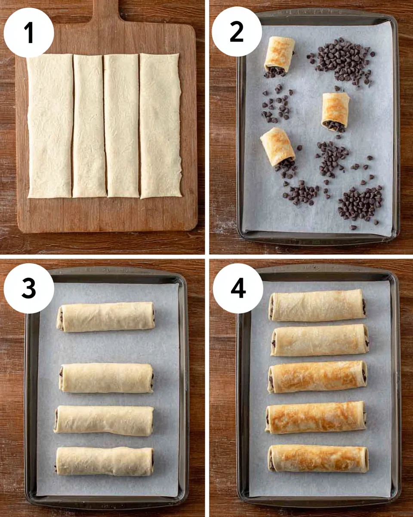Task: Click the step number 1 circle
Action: coord(29,32)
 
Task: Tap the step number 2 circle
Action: coord(237,31)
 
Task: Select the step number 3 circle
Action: coord(29,288)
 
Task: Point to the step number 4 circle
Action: coord(238,288)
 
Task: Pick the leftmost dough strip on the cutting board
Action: coord(50,126)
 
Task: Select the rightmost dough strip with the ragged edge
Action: coord(160,126)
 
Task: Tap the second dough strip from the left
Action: coord(89,126)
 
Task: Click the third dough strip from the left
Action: coord(122,126)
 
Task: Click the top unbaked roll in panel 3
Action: coord(105,316)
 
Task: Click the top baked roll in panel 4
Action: coord(317,305)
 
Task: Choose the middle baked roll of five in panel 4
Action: coord(317,377)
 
